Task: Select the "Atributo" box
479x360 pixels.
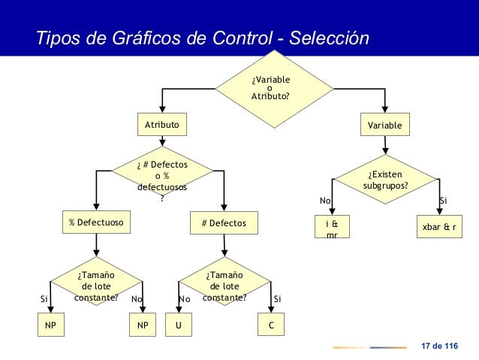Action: [x=162, y=125]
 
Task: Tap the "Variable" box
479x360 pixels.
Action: [x=384, y=125]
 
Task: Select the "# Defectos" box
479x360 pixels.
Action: [x=224, y=222]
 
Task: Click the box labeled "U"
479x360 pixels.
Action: [x=179, y=326]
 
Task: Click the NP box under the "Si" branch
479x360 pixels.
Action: [x=51, y=326]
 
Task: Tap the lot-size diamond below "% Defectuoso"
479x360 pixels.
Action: [x=97, y=286]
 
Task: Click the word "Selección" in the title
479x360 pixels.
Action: [x=331, y=38]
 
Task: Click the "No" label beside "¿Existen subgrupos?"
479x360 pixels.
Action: [x=325, y=201]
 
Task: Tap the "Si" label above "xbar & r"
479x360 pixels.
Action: [x=443, y=201]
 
